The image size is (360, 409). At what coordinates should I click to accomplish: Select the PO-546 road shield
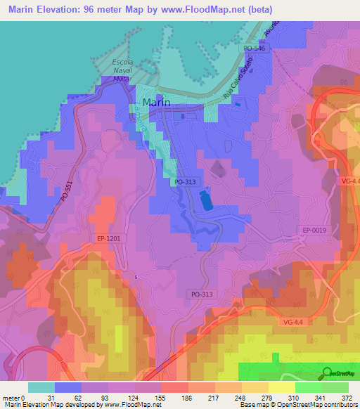pyautogui.click(x=255, y=48)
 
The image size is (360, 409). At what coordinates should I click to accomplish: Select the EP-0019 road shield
pyautogui.click(x=316, y=230)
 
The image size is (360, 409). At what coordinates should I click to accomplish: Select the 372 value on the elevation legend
pyautogui.click(x=347, y=397)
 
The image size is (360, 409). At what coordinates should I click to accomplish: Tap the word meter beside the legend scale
pyautogui.click(x=10, y=397)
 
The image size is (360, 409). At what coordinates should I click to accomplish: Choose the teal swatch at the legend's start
pyautogui.click(x=41, y=387)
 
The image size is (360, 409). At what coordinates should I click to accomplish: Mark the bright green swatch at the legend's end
pyautogui.click(x=335, y=387)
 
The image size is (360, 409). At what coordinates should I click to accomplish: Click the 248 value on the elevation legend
pyautogui.click(x=239, y=397)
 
